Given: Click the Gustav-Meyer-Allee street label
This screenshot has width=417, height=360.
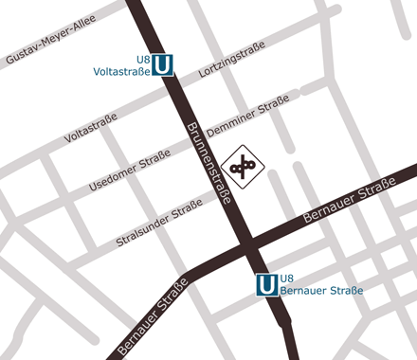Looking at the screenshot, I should tap(50, 43).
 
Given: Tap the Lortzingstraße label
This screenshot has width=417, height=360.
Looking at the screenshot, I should tap(231, 67).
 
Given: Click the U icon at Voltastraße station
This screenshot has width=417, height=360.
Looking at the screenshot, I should tap(163, 64).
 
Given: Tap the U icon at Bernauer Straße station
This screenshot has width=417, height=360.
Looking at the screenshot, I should tap(267, 283).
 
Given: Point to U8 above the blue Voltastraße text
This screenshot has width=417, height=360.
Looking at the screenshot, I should tap(144, 59).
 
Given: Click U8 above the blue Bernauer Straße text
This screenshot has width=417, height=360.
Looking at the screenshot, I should tap(288, 276).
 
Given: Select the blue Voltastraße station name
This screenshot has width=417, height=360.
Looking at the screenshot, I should tap(123, 71).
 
